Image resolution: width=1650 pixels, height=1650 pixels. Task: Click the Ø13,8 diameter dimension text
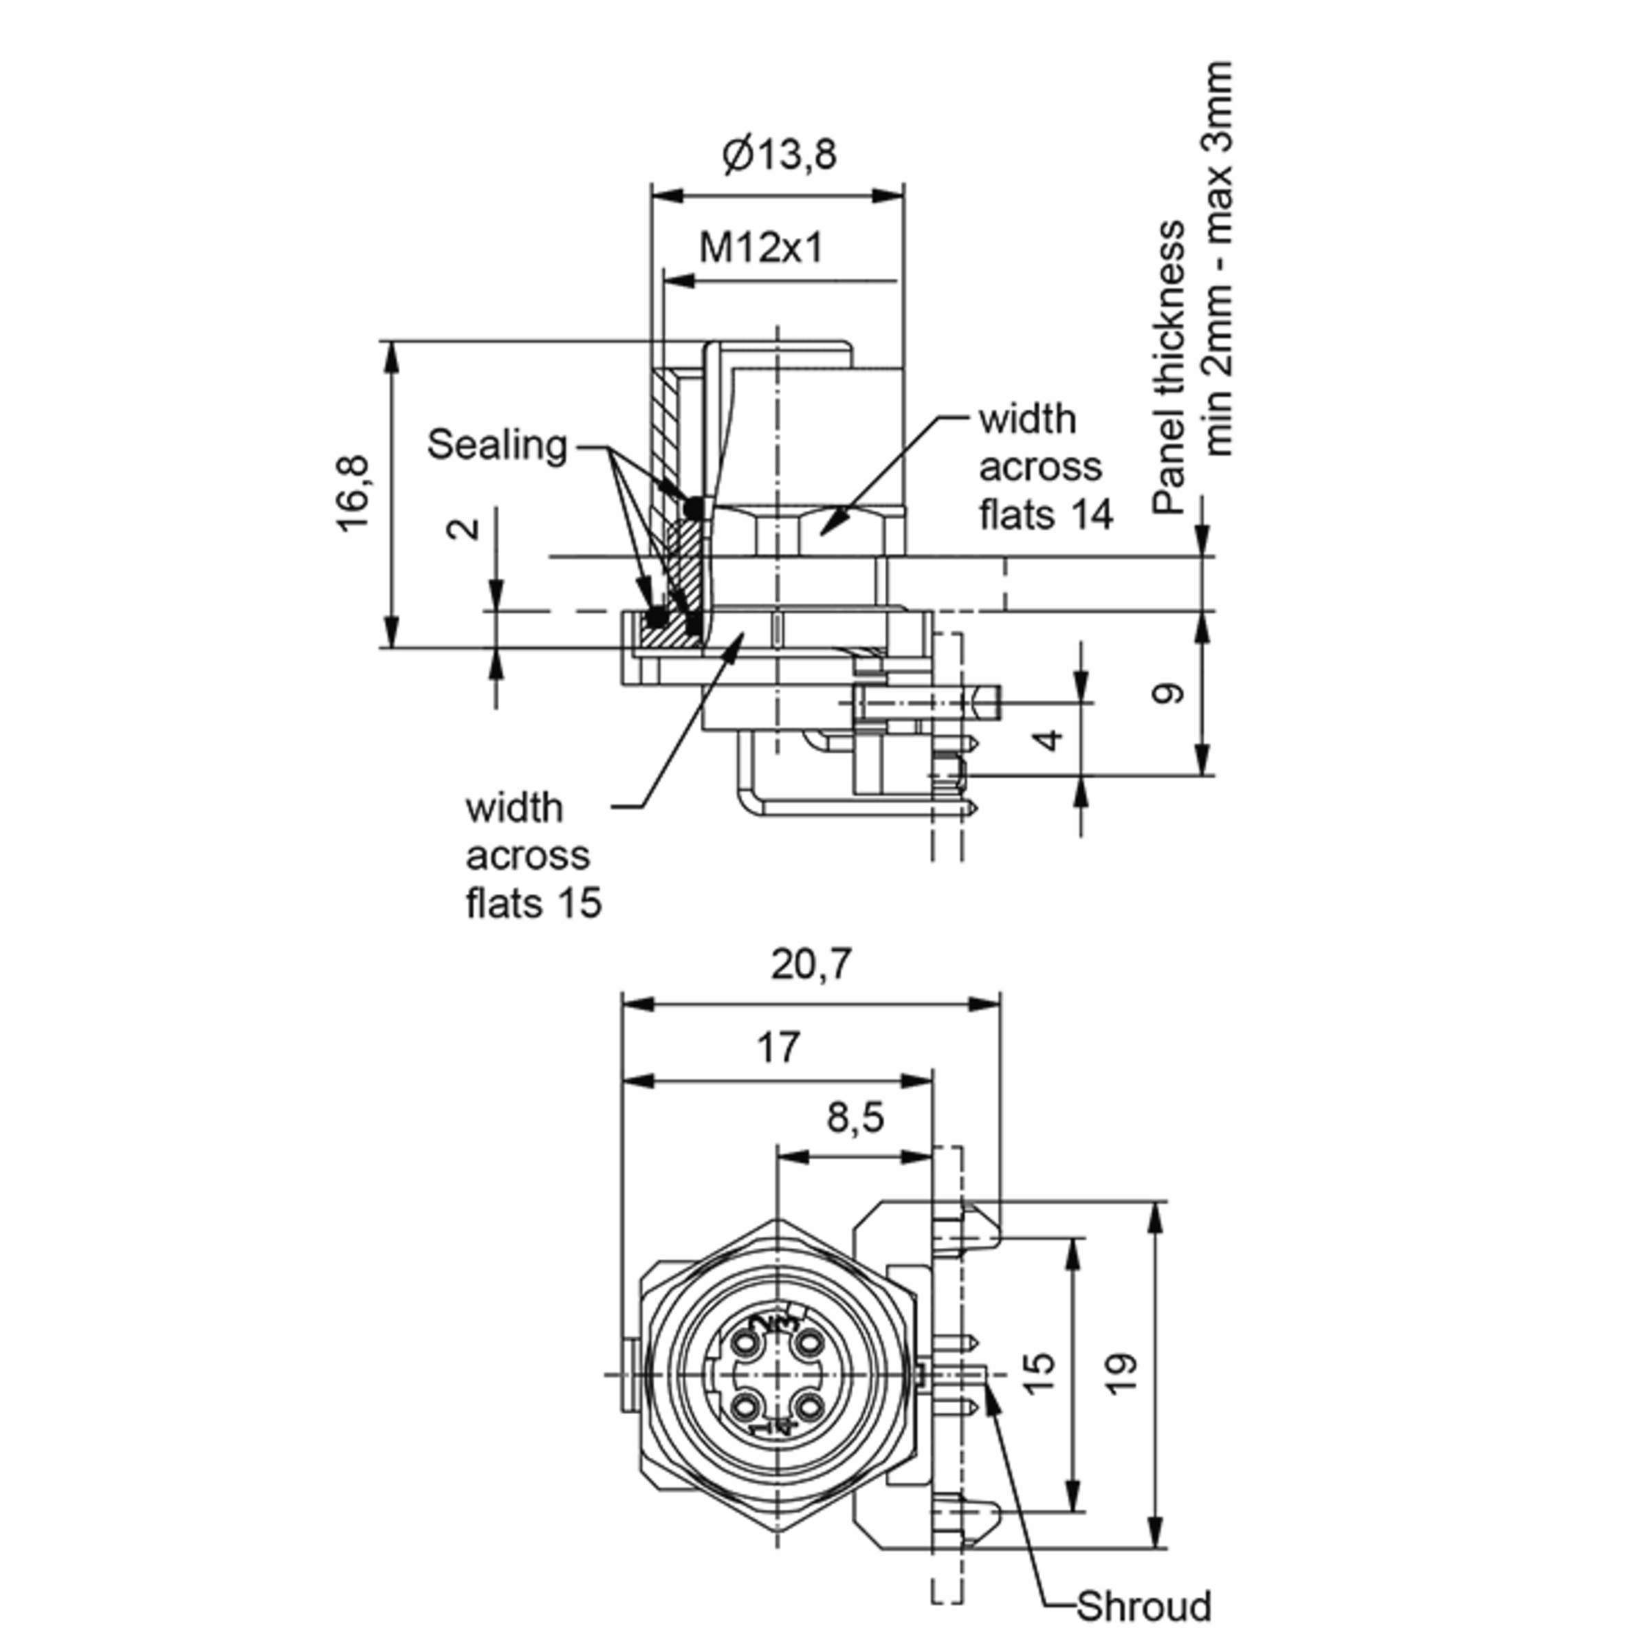[779, 155]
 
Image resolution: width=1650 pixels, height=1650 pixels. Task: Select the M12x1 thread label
[761, 248]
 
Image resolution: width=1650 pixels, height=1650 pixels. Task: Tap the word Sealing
[497, 445]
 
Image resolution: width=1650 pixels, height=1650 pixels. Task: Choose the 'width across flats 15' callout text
[533, 856]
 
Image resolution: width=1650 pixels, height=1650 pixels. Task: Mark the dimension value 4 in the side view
[1051, 739]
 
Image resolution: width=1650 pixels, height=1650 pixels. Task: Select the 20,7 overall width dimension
[811, 965]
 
